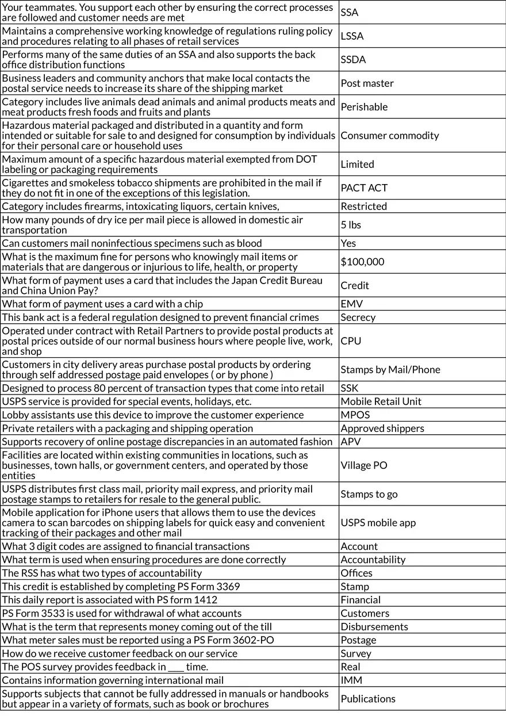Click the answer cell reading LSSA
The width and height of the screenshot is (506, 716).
point(352,36)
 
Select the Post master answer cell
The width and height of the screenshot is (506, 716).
point(367,83)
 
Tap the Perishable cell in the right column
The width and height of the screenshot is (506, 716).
point(364,107)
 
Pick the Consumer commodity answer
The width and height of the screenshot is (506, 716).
point(389,136)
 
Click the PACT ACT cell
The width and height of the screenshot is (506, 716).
point(364,188)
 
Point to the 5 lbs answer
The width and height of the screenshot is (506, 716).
point(351,225)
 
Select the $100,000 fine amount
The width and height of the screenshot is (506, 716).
point(362,262)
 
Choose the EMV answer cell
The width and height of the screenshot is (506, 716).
point(351,304)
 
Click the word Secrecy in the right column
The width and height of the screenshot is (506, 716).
point(358,317)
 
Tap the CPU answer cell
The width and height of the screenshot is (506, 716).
point(351,341)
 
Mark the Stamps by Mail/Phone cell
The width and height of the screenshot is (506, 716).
point(390,370)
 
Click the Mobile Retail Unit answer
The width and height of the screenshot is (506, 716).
point(381,401)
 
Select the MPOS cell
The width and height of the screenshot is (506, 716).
point(355,415)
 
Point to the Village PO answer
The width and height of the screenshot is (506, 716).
point(364,465)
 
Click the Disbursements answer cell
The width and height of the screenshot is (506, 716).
point(374,627)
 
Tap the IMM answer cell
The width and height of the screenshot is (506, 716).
point(351,680)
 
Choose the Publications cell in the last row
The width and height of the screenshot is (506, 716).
point(368,699)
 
